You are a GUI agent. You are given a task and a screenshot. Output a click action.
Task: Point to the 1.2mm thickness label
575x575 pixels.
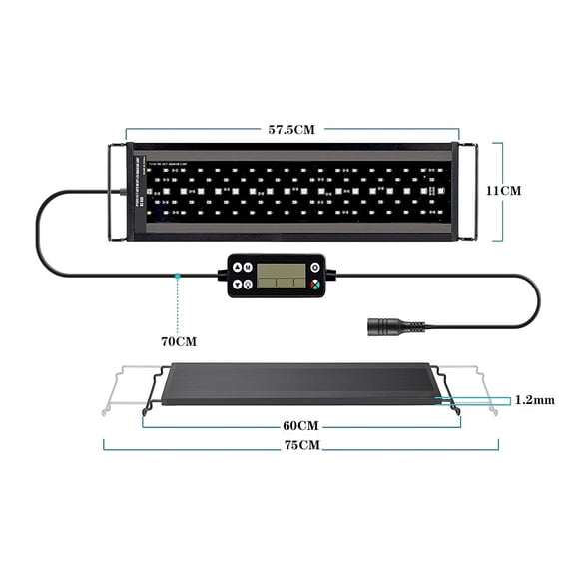(x=534, y=400)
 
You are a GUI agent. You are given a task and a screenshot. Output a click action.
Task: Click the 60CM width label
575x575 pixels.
(x=299, y=425)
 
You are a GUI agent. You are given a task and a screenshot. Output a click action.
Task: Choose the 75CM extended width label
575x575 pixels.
(x=300, y=445)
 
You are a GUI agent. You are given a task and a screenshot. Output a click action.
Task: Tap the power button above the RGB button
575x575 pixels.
(x=314, y=267)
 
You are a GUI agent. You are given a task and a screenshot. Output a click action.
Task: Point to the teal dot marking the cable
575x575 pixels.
(x=177, y=273)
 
